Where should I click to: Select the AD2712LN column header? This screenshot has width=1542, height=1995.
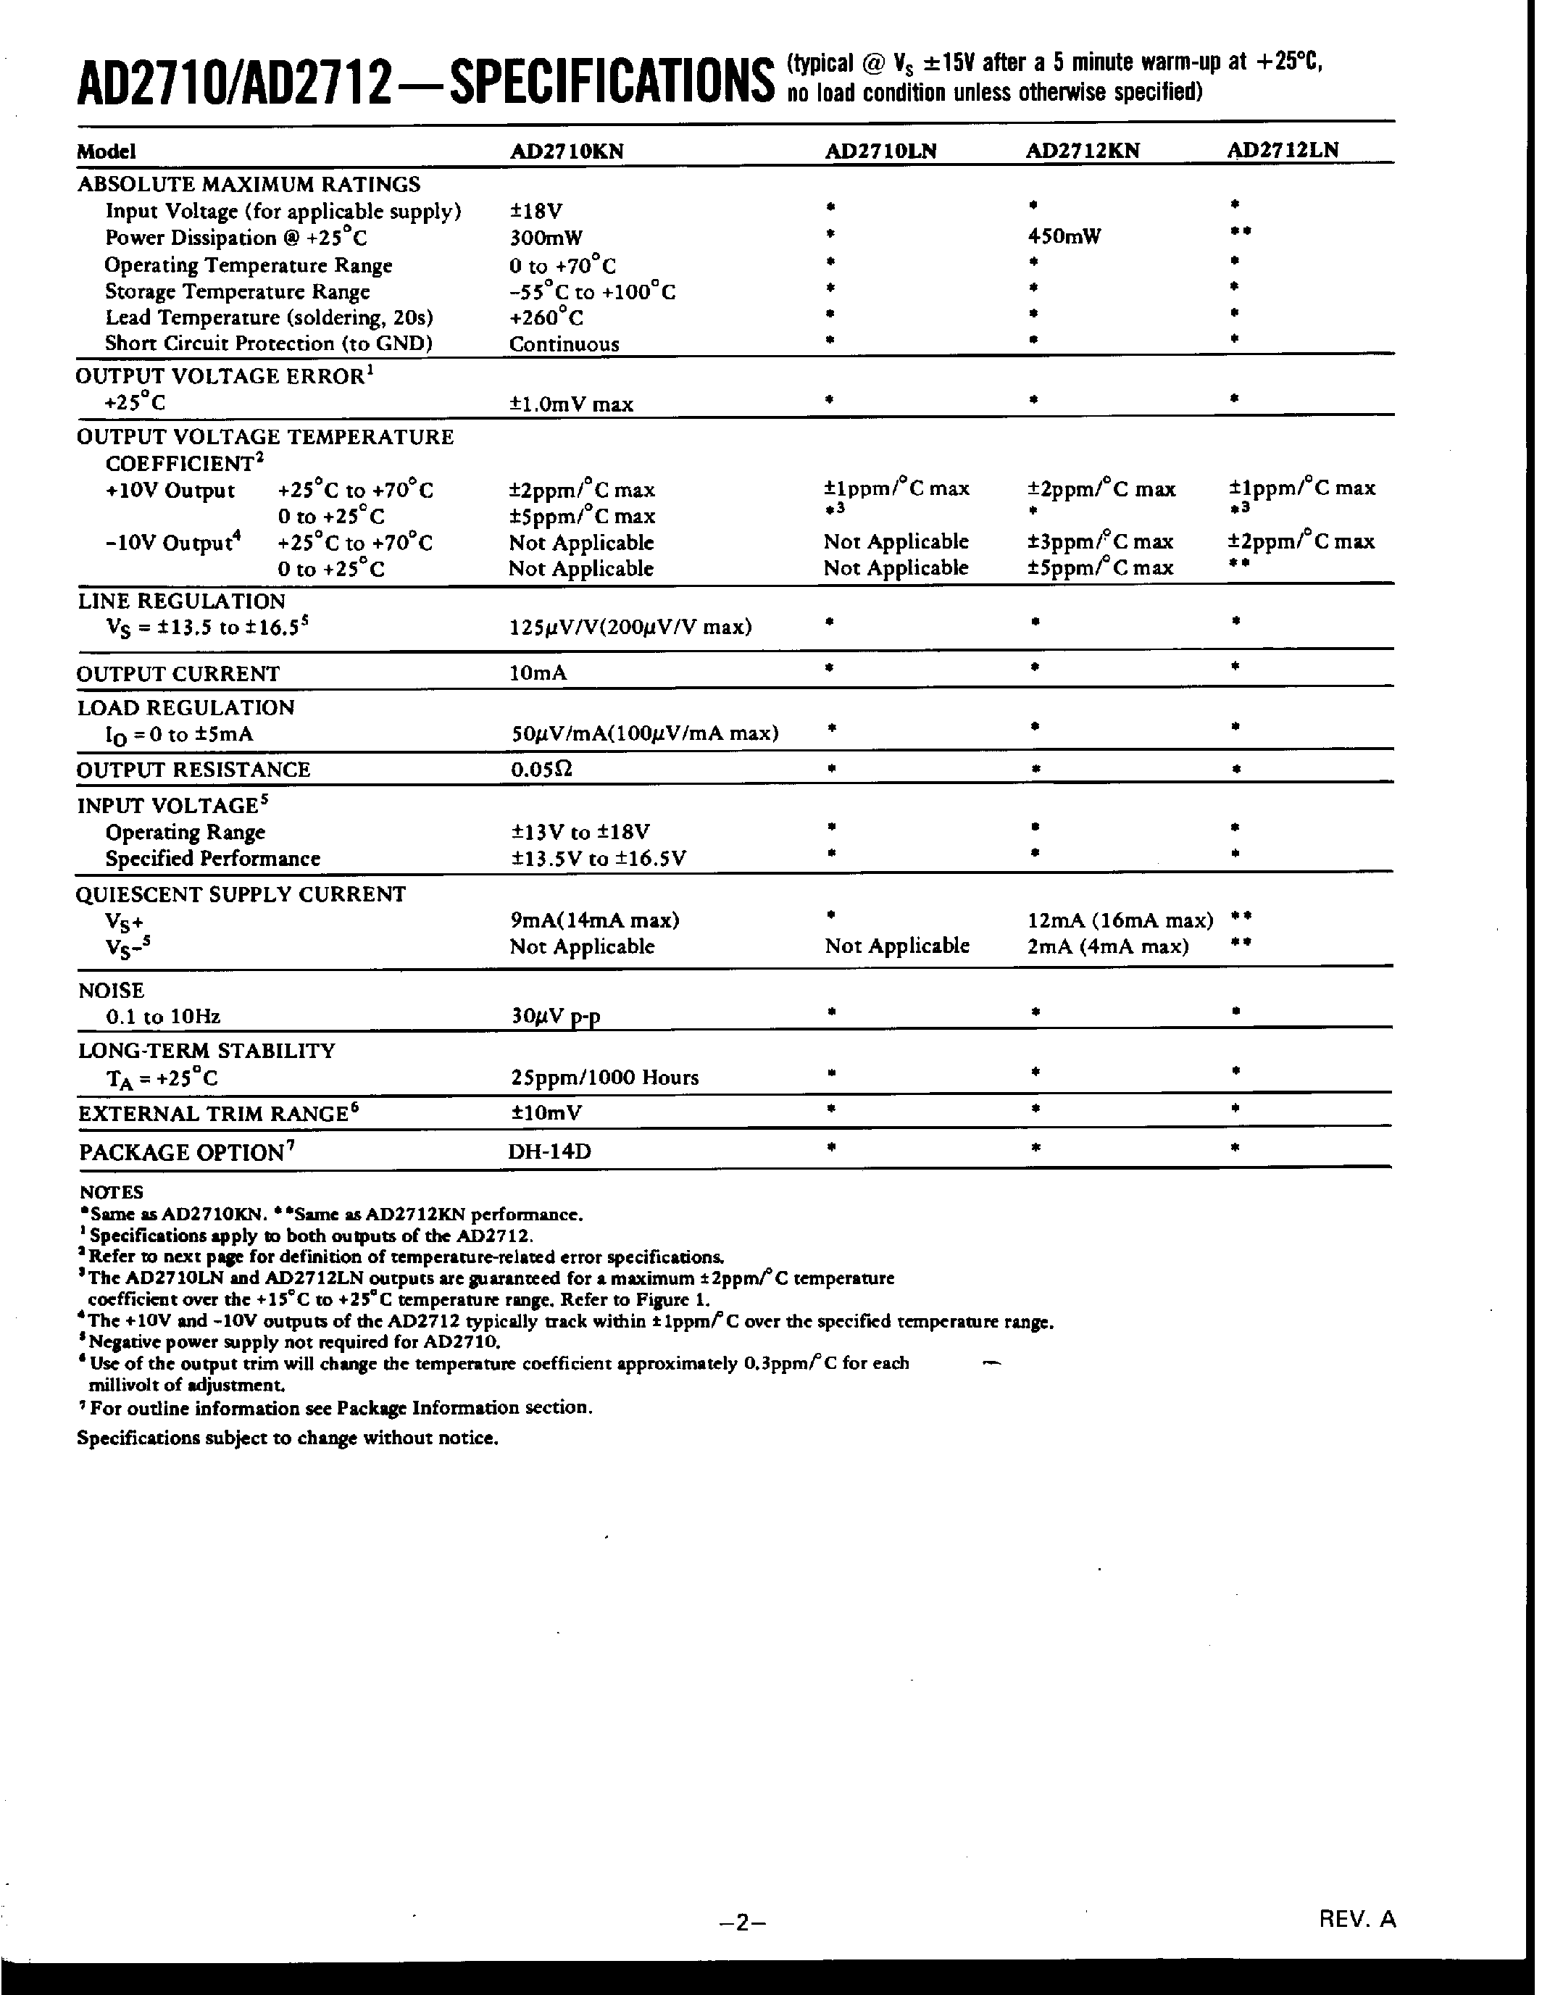[1283, 151]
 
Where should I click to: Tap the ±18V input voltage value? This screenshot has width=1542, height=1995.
[535, 212]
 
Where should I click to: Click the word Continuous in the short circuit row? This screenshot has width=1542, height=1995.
[564, 344]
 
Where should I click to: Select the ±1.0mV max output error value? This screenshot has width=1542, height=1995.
[571, 404]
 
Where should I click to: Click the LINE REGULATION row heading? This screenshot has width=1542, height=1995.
[181, 601]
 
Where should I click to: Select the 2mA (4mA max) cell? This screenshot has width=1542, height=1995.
[1107, 946]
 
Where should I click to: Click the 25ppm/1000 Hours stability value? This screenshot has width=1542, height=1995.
[604, 1078]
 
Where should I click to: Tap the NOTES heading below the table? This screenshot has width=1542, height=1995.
[111, 1192]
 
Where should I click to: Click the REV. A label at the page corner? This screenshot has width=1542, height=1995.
[1356, 1919]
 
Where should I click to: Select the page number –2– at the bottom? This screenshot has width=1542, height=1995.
[742, 1922]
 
